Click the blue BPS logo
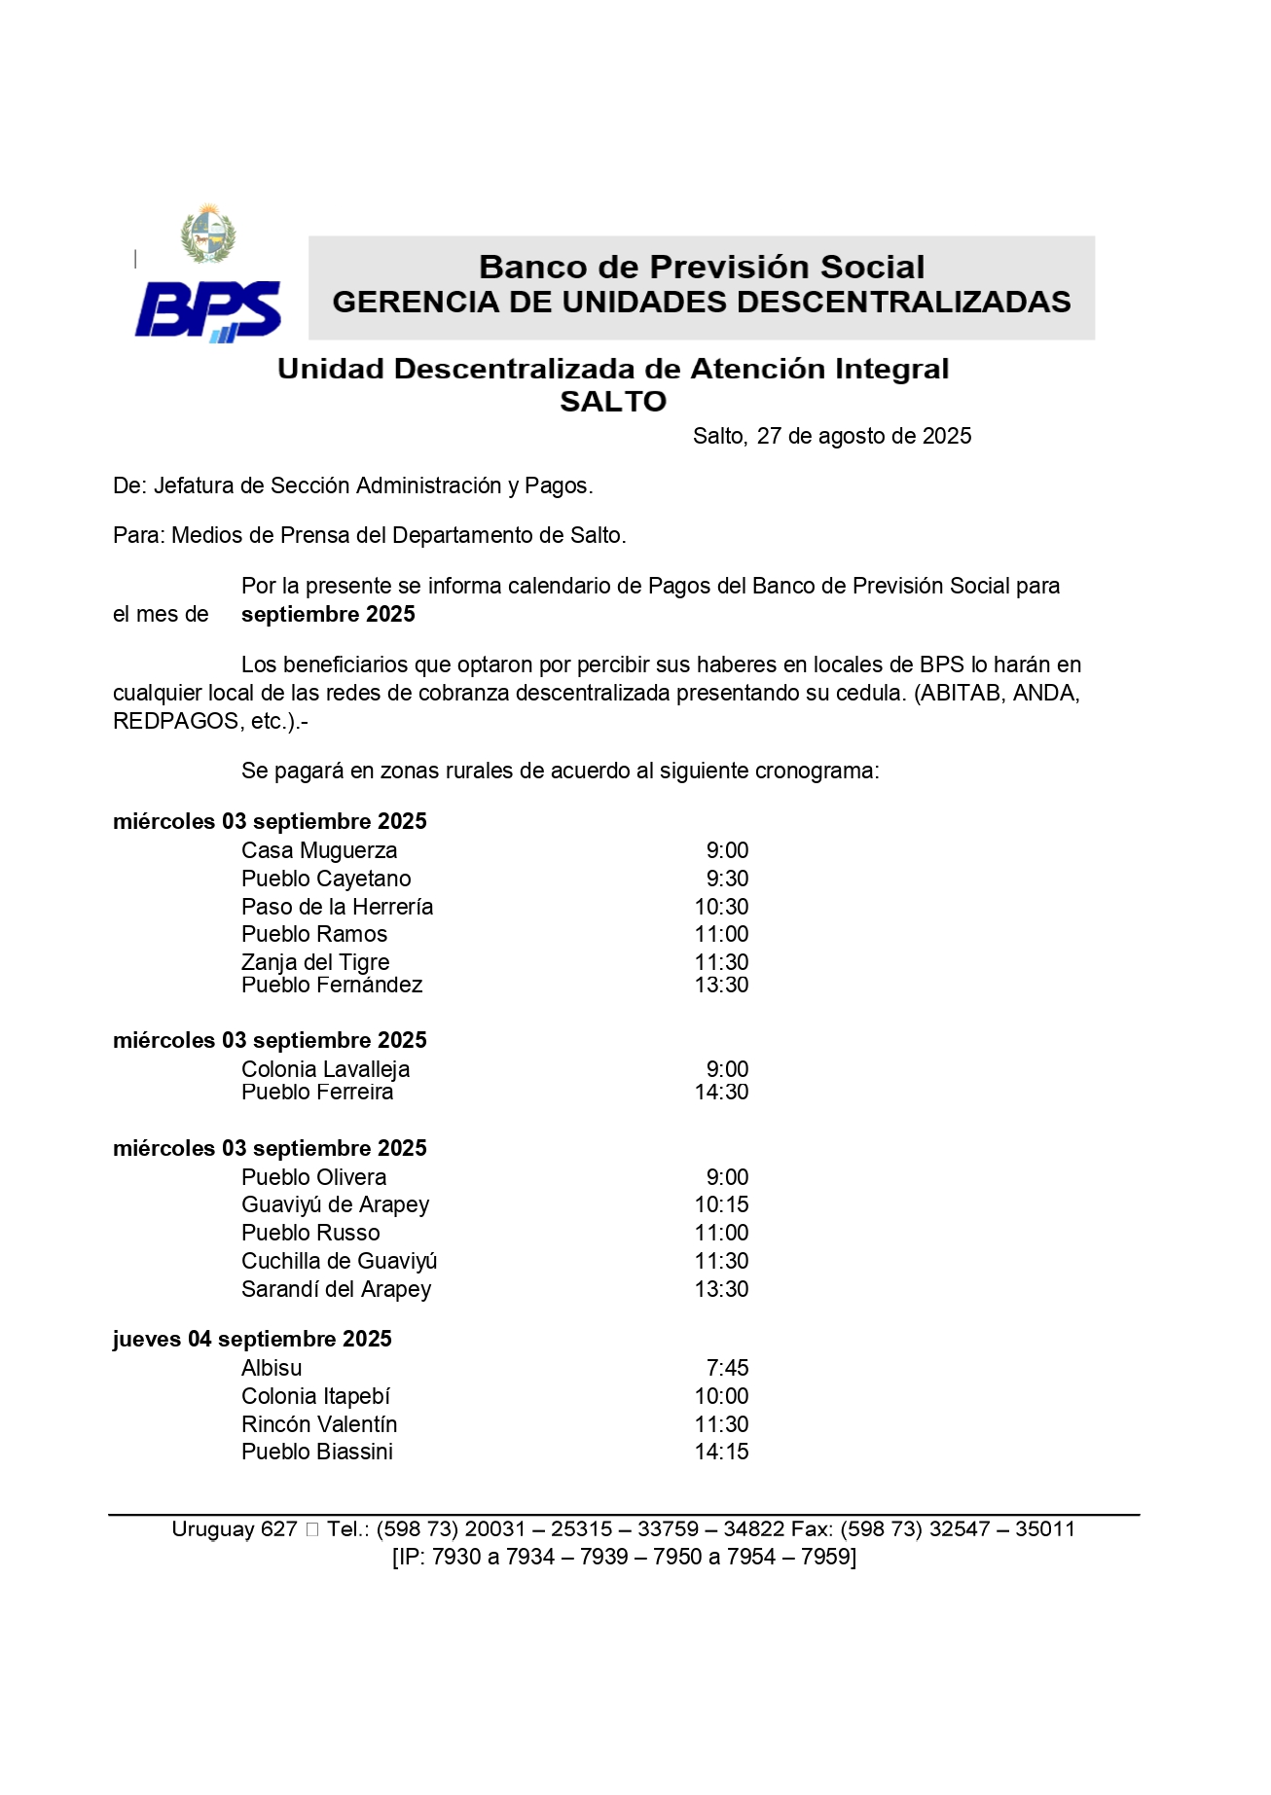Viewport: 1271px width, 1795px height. coord(207,310)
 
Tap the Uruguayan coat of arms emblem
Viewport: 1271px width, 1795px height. coord(208,233)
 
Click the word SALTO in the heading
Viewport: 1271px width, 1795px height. coord(613,402)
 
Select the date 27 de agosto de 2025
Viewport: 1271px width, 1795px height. coord(863,437)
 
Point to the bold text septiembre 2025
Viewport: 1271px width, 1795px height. coord(328,615)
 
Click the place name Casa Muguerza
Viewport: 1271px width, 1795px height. coord(319,851)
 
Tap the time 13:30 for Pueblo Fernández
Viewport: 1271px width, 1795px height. coord(721,986)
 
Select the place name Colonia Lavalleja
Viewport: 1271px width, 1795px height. coord(325,1070)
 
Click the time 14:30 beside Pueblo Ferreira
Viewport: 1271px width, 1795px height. coord(721,1093)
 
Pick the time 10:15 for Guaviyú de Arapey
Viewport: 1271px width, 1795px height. coord(721,1205)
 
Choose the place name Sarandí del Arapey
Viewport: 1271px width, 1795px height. coord(336,1290)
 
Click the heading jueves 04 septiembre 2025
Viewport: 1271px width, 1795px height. coord(252,1340)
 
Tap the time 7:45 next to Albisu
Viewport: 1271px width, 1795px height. coord(727,1369)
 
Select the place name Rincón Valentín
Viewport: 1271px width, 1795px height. coord(319,1425)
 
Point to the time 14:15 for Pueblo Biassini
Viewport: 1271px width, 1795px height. coord(721,1453)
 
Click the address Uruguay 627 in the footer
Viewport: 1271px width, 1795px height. coord(234,1529)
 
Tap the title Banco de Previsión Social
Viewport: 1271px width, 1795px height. coord(702,268)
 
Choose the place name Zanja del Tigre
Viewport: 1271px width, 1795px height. coord(315,963)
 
